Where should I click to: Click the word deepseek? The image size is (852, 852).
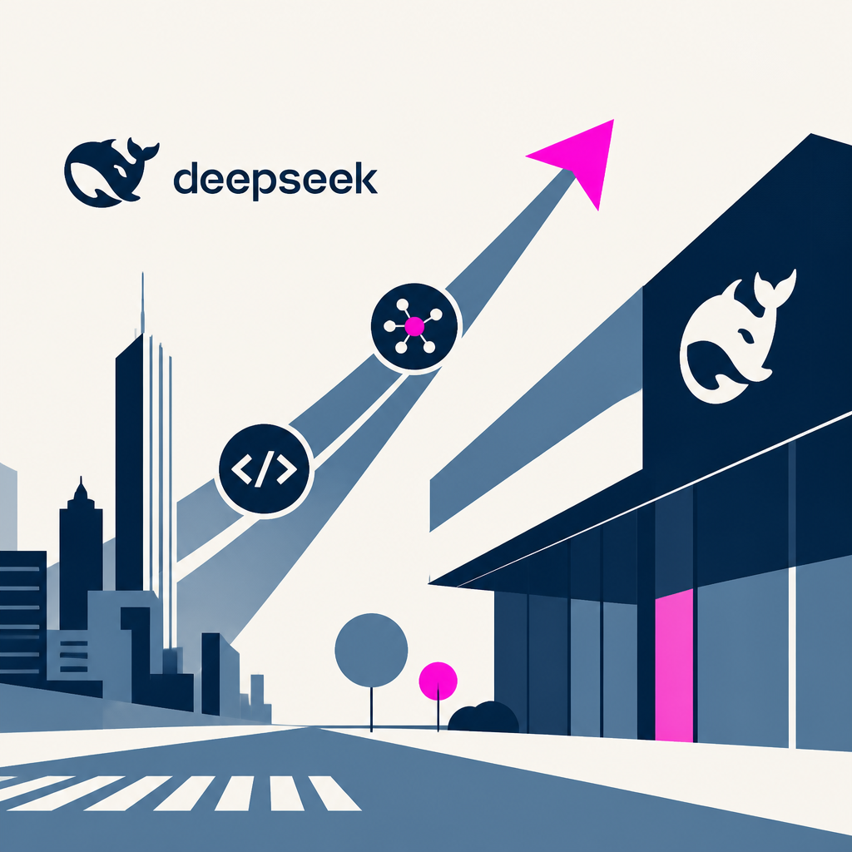275,180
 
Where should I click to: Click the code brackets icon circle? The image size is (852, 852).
264,469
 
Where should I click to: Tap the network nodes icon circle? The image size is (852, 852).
414,326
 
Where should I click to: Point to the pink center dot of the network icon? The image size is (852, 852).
414,326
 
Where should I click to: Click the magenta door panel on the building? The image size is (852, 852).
674,666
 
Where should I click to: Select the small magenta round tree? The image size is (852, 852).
438,681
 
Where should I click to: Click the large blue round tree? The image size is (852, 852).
371,650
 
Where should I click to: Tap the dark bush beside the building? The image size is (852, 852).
483,717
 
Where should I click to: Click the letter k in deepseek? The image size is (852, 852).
369,178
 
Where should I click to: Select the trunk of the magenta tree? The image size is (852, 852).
438,715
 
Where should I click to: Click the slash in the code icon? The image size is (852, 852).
265,469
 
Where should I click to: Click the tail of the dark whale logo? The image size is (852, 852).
143,148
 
